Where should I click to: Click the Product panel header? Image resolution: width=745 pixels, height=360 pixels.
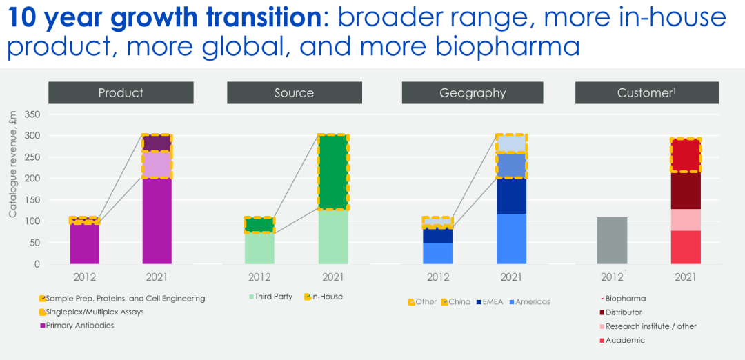[121, 92]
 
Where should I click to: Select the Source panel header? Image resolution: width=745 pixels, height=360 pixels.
[294, 92]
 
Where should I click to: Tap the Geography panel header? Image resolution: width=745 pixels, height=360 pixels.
[473, 92]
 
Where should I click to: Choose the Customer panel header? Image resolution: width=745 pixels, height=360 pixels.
[646, 92]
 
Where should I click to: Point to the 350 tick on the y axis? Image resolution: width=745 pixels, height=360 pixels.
[32, 114]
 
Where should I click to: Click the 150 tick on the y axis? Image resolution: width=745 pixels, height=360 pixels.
[32, 200]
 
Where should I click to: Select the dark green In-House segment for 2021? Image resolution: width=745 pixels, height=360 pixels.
[333, 172]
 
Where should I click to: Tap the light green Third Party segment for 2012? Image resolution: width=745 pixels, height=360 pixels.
[259, 248]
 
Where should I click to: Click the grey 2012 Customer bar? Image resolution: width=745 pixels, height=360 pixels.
[613, 241]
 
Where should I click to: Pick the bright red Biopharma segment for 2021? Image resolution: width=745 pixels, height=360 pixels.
[686, 155]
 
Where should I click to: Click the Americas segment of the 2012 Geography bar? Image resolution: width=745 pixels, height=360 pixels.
[438, 253]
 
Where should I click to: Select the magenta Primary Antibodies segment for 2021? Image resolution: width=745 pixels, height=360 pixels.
[157, 221]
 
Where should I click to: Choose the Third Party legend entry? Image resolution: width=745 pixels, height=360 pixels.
[266, 297]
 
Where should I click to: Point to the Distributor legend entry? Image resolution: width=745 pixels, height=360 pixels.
[624, 312]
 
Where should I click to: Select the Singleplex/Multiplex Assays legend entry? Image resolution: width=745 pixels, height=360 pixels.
[95, 312]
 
